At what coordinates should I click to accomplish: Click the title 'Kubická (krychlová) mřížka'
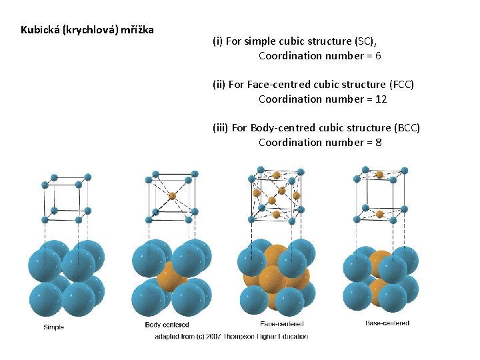(87, 30)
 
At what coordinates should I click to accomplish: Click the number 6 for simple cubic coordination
(378, 56)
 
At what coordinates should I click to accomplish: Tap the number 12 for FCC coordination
(381, 99)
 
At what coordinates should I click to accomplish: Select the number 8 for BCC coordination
(379, 143)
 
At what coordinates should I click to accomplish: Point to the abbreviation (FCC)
(401, 85)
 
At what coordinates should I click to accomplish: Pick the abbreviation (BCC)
(407, 128)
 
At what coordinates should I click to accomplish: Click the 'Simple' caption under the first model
(53, 327)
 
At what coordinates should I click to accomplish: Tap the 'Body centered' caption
(167, 325)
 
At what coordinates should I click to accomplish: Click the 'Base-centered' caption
(387, 323)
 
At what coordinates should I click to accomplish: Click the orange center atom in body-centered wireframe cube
(172, 196)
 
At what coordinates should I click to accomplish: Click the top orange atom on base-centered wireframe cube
(379, 175)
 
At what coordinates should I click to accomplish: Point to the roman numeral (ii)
(219, 85)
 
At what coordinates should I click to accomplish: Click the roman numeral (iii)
(220, 128)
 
